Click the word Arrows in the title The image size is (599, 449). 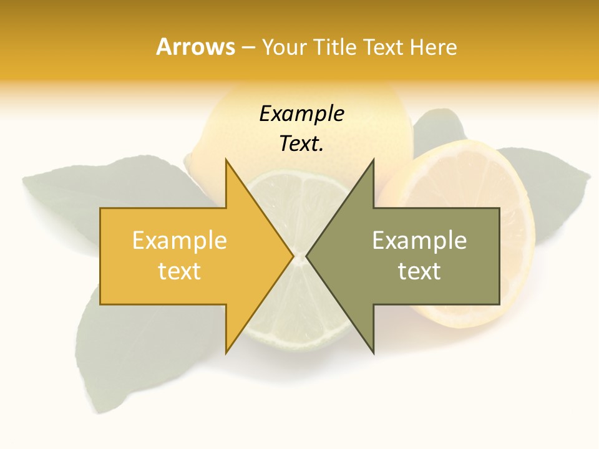tap(195, 47)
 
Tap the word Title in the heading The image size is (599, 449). tap(335, 47)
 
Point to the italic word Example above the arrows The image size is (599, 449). tap(301, 114)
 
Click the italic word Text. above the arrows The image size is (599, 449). tap(301, 144)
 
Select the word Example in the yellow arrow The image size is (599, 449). tap(179, 241)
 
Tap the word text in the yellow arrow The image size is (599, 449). tap(179, 271)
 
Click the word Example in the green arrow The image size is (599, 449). tap(419, 241)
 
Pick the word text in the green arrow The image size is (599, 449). tap(419, 271)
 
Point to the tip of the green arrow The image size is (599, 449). tap(308, 256)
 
